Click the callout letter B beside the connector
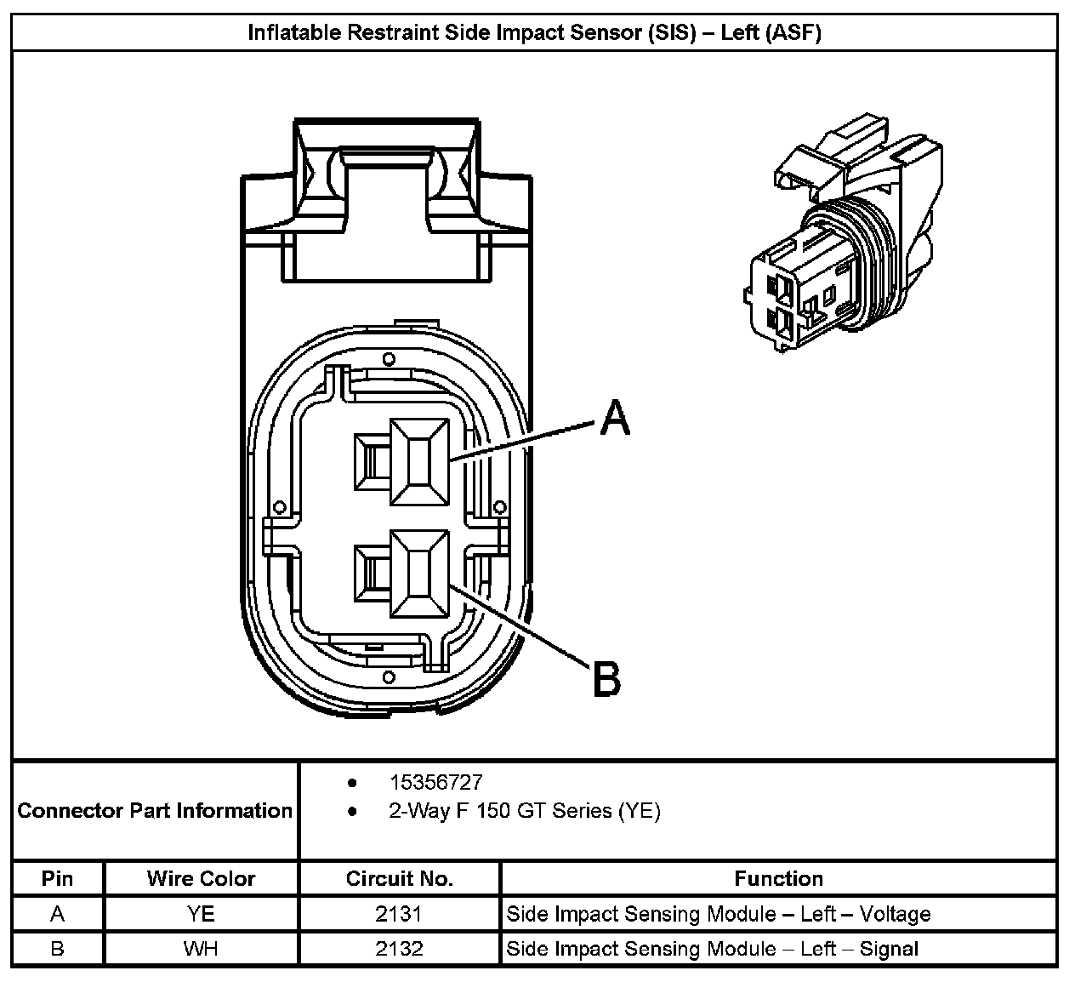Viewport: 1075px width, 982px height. (x=606, y=679)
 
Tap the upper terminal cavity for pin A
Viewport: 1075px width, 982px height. (x=419, y=462)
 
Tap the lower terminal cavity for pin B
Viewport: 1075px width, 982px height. (x=419, y=574)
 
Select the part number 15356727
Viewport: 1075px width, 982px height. (x=435, y=783)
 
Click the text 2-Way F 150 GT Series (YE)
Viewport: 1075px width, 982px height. (x=525, y=811)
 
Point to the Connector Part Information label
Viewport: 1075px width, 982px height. (x=155, y=810)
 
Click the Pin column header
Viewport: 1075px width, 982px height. (x=57, y=878)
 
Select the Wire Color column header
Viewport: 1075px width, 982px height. (x=201, y=878)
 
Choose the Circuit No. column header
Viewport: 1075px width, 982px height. (x=399, y=878)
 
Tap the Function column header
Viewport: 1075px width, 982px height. (x=779, y=878)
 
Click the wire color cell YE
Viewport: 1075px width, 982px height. (x=201, y=914)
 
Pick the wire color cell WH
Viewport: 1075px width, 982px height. (x=201, y=949)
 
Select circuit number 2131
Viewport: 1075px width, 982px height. (x=399, y=914)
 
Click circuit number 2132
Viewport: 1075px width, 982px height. (x=399, y=949)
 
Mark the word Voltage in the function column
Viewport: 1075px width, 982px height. (x=895, y=915)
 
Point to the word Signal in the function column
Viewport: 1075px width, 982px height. (x=889, y=950)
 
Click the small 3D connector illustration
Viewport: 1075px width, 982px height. (x=844, y=232)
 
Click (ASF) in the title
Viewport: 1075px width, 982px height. (x=793, y=33)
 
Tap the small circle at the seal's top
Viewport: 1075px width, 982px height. (x=389, y=359)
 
